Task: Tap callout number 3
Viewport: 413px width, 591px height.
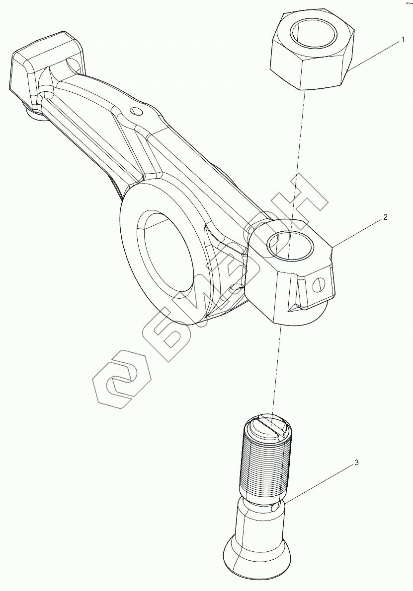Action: [x=356, y=462]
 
